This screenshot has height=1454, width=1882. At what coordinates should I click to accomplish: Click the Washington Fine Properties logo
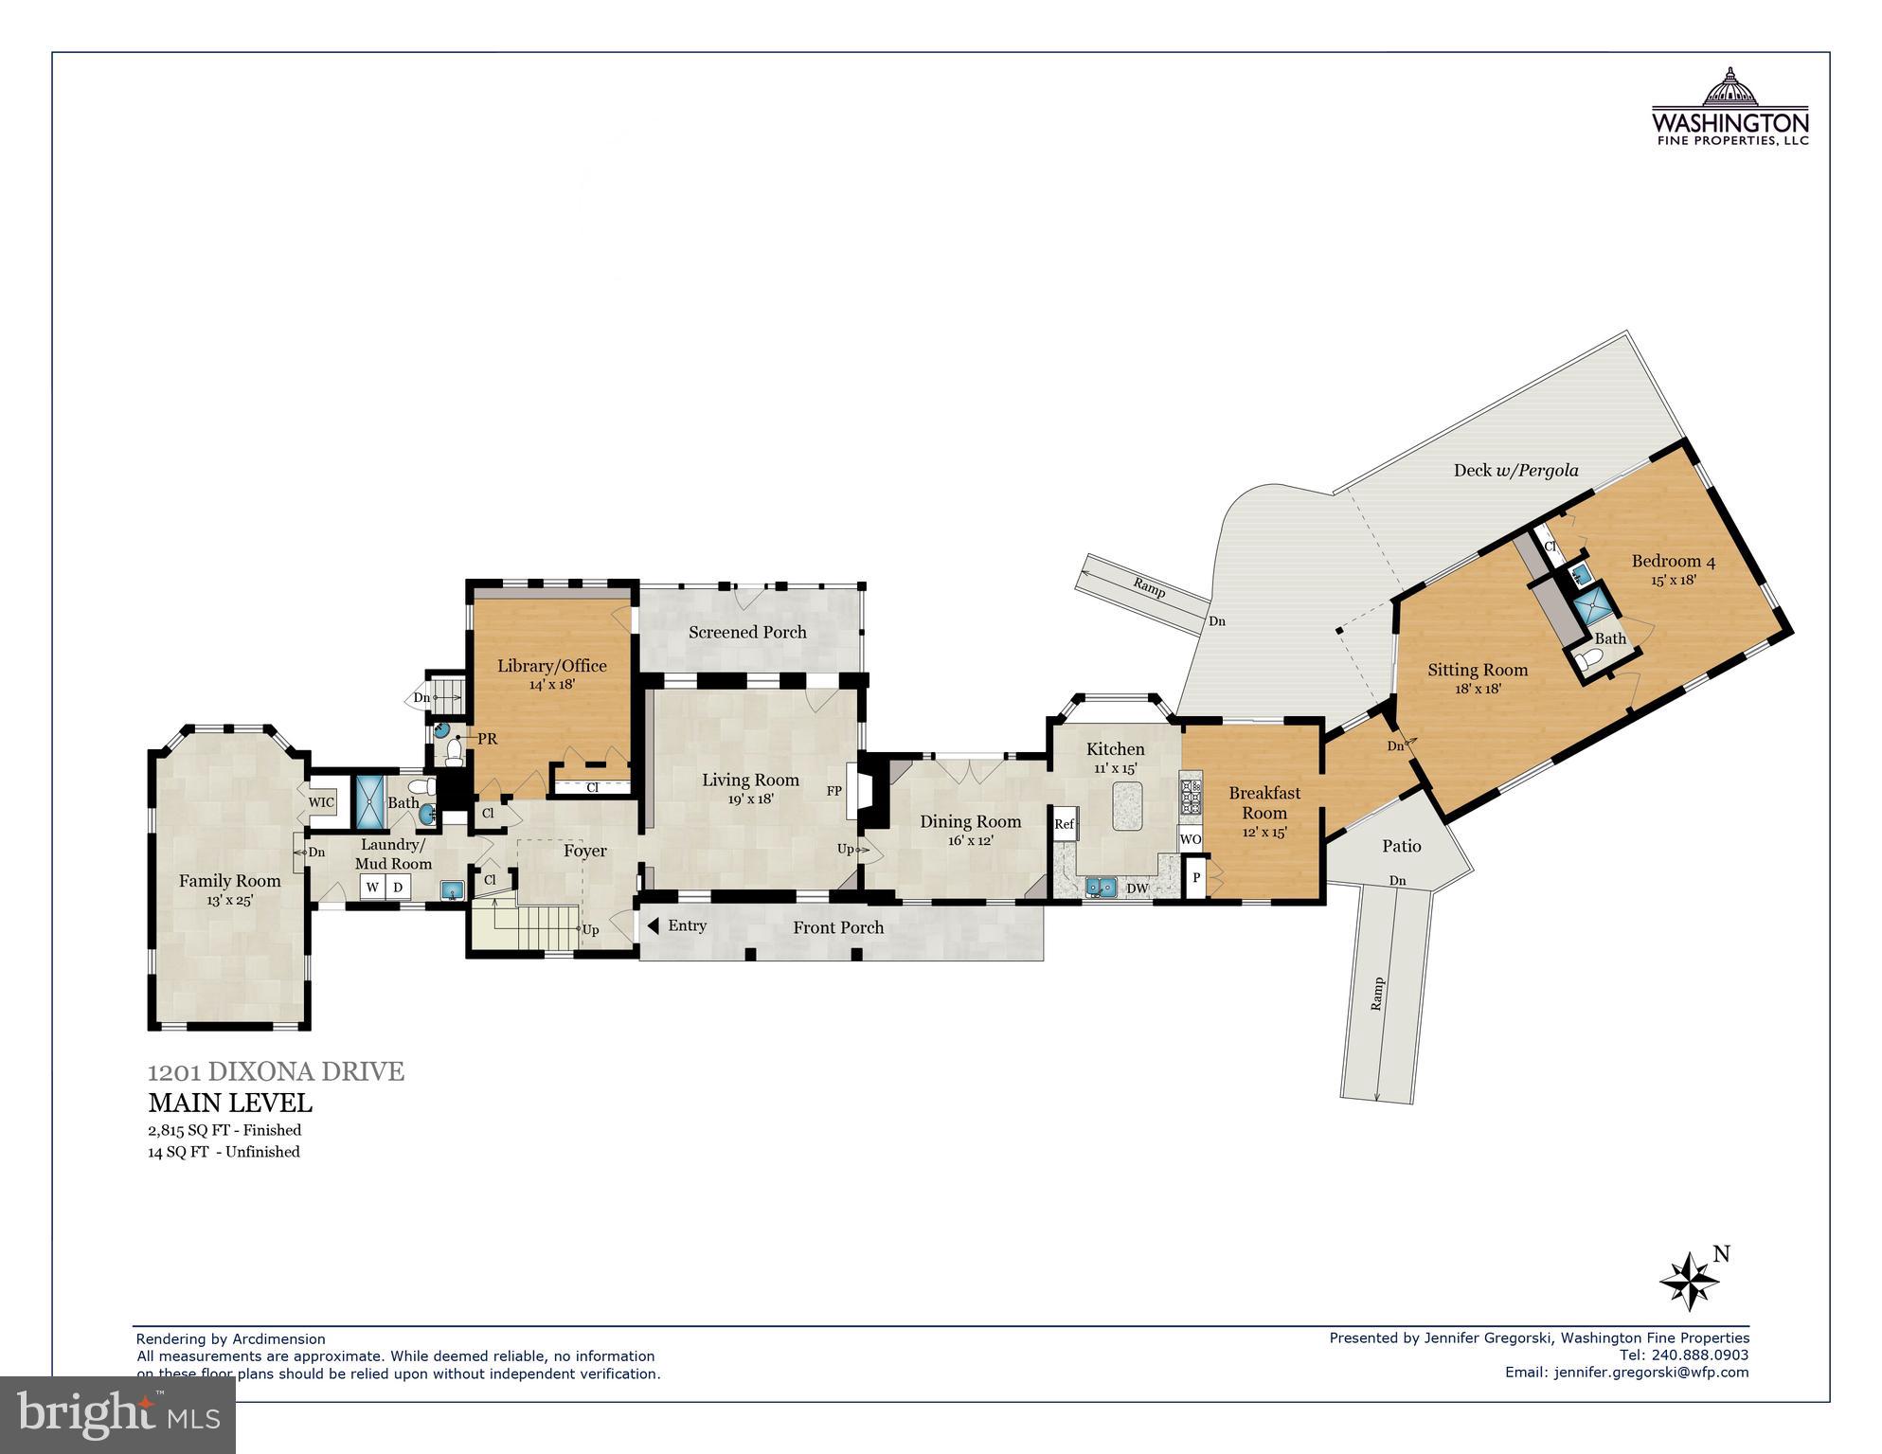point(1730,106)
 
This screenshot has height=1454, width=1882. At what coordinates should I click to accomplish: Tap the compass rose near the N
point(1689,1281)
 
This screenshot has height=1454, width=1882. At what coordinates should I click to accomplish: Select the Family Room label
point(230,881)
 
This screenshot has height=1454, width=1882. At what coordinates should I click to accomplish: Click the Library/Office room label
point(552,666)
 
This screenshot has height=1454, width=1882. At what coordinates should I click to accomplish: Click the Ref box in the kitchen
point(1064,824)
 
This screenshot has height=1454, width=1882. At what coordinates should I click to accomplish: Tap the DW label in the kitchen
point(1138,889)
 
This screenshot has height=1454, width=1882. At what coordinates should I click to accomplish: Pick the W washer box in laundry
point(372,888)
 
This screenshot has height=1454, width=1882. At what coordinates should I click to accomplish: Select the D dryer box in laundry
point(398,888)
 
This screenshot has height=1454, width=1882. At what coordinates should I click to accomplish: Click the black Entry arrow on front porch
point(653,925)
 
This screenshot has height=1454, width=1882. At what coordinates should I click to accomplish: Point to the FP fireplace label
point(834,791)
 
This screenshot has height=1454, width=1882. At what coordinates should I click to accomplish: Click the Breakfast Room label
point(1264,802)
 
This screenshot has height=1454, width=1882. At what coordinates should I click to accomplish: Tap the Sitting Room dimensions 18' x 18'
point(1478,690)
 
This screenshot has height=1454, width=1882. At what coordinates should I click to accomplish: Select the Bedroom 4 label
point(1673,561)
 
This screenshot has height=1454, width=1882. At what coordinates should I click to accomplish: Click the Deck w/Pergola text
point(1515,470)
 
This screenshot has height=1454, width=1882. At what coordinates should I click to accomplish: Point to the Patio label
point(1401,846)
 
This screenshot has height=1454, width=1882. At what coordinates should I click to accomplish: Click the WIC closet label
point(321,802)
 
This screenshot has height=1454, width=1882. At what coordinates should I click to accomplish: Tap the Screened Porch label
point(747,632)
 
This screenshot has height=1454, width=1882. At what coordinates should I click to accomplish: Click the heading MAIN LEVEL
point(230,1104)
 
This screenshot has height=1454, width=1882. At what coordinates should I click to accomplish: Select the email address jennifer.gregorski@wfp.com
point(1651,1372)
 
